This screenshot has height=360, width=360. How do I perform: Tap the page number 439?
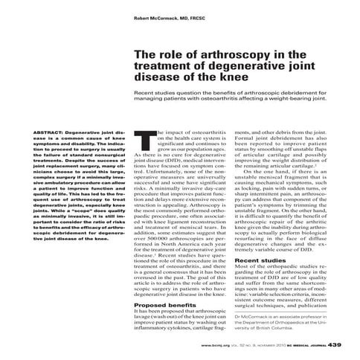[335, 344]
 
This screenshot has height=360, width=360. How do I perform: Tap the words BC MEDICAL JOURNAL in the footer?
[299, 345]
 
